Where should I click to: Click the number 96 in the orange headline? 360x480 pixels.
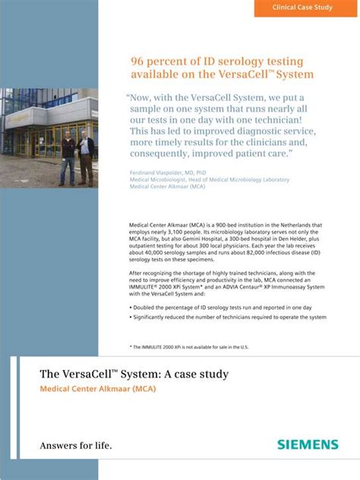point(138,61)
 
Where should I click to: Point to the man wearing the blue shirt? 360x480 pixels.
point(87,155)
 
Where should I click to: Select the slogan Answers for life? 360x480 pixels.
point(75,445)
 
